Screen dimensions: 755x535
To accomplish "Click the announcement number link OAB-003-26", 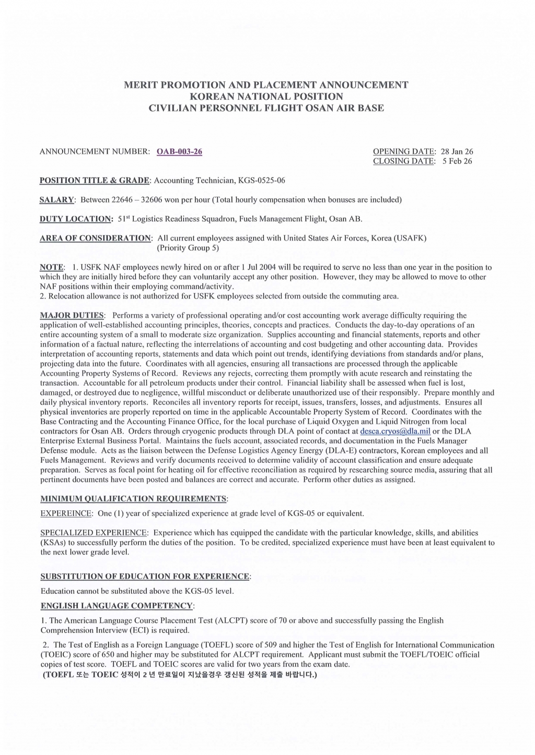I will pyautogui.click(x=179, y=152).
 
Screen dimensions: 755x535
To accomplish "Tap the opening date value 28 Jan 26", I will pyautogui.click(x=457, y=152).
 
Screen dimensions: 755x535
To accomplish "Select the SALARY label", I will pyautogui.click(x=57, y=200).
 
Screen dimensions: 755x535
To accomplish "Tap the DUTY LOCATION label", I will pyautogui.click(x=76, y=219).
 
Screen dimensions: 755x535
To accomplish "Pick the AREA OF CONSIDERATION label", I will pyautogui.click(x=96, y=238).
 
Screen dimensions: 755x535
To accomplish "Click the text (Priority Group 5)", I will pyautogui.click(x=188, y=248).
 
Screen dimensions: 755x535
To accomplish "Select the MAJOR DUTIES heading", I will pyautogui.click(x=73, y=316).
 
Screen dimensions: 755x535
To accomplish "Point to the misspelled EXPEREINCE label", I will pyautogui.click(x=66, y=513).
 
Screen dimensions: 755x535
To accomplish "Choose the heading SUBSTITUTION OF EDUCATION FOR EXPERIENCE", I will pyautogui.click(x=145, y=577).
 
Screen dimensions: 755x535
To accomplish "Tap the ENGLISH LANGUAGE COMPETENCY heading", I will pyautogui.click(x=117, y=606).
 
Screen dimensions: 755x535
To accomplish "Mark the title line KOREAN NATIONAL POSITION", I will pyautogui.click(x=266, y=97).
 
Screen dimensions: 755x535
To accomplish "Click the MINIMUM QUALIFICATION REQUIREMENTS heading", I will pyautogui.click(x=134, y=499).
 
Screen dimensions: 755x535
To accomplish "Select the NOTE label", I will pyautogui.click(x=52, y=268).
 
